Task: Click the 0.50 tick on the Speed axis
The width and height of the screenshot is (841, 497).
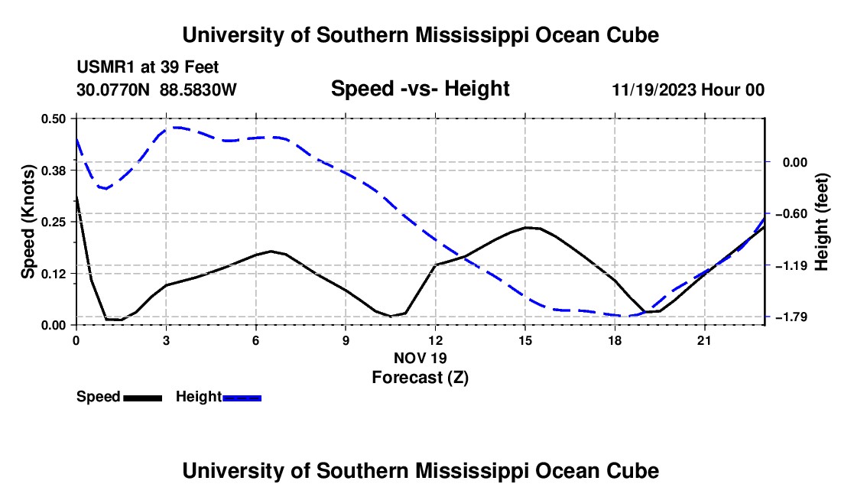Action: tap(53, 119)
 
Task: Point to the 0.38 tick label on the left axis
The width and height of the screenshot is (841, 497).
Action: tap(53, 171)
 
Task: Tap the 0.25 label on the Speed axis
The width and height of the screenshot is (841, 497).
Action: tap(53, 222)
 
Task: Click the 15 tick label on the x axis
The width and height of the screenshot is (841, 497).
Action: tap(525, 340)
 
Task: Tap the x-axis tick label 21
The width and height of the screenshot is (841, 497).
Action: tap(704, 340)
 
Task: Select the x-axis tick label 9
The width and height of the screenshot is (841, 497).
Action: tap(346, 340)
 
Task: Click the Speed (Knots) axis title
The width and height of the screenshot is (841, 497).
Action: tap(28, 222)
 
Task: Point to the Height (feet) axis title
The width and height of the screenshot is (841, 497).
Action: tap(822, 222)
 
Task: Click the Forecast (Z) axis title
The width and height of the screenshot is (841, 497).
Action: tap(420, 378)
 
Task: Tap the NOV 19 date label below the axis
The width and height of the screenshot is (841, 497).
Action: tap(420, 358)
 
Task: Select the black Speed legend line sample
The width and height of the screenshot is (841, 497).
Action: tap(142, 398)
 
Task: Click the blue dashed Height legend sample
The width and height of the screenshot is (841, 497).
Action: tap(242, 398)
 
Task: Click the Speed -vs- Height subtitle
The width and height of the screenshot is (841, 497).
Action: tap(420, 89)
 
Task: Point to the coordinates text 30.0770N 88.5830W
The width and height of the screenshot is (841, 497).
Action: tap(156, 89)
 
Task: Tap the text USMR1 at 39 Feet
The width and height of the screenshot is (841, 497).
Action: tap(148, 67)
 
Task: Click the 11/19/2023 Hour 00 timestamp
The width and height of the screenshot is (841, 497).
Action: tap(688, 89)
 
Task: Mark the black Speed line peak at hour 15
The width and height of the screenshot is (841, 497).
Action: tap(526, 227)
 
